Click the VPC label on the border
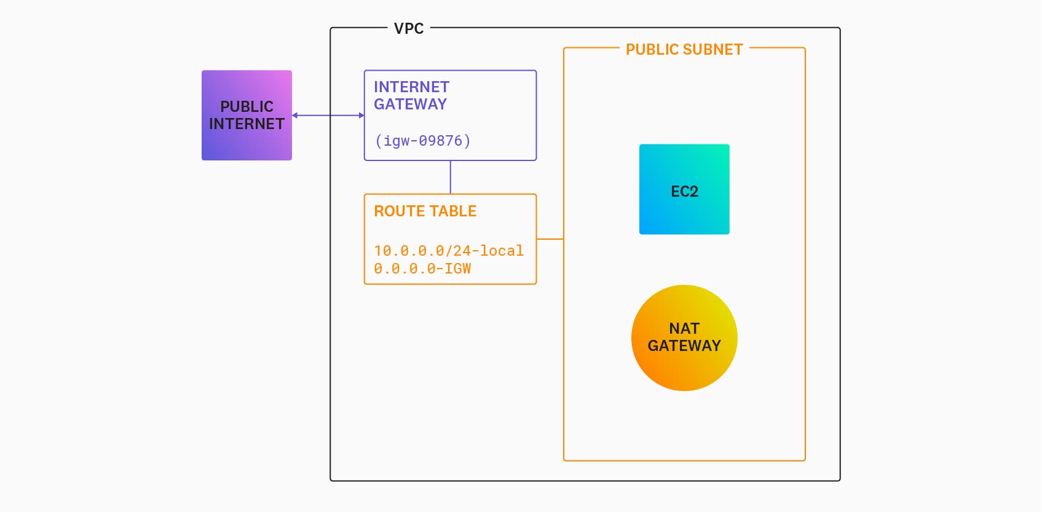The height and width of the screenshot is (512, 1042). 409,29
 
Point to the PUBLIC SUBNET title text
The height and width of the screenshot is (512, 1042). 684,50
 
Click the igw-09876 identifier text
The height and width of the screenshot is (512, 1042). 423,141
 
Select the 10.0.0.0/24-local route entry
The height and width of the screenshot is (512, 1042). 449,251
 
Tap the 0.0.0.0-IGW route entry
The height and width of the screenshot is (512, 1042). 422,269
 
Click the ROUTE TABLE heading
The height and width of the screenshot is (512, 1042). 425,211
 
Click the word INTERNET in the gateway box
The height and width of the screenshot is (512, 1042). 411,87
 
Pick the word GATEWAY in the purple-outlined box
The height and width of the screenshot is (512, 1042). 410,104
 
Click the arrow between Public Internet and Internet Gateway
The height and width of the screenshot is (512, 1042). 328,116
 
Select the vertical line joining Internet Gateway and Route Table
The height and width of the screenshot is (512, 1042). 451,178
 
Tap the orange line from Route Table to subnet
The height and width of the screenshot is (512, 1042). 550,239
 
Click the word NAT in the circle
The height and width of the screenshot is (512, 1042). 684,329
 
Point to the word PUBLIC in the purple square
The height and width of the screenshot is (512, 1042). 247,107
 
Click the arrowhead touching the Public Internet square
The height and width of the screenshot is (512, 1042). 295,116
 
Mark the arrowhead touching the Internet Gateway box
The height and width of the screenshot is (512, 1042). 361,116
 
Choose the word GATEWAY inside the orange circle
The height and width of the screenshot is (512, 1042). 684,346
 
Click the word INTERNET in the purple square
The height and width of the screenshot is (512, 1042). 247,124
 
